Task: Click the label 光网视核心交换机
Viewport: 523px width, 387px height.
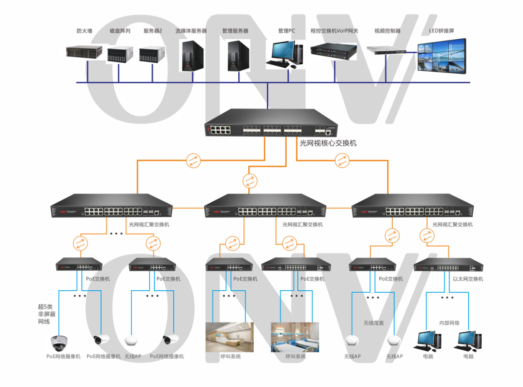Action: [328, 143]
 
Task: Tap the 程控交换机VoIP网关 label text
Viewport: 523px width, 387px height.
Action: [334, 31]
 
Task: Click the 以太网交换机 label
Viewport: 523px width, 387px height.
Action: [468, 279]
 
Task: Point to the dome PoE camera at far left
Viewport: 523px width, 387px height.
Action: [59, 342]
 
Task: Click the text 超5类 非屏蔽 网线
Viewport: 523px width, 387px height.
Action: [46, 314]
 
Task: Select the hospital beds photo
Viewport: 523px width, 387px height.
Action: [295, 337]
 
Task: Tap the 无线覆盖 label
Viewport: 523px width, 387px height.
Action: [373, 323]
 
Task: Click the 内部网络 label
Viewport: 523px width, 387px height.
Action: [449, 323]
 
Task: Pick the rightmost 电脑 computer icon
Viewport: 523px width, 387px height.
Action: [468, 341]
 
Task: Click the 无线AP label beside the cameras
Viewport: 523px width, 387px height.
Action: [132, 357]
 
